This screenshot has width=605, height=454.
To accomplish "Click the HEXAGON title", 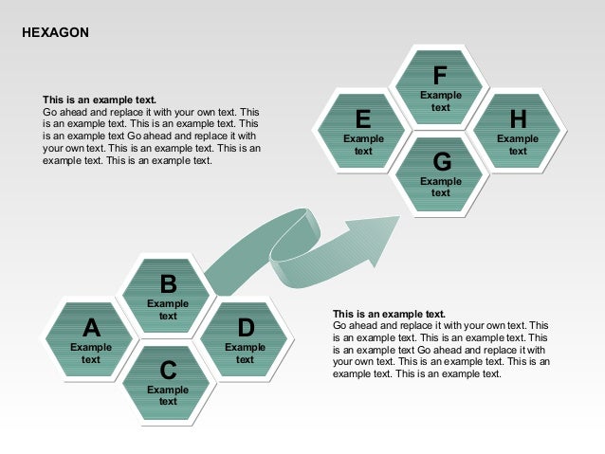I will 55,33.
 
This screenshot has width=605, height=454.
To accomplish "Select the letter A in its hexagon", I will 91,328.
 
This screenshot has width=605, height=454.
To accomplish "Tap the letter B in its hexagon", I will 168,284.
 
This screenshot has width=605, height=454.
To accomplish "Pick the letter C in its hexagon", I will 168,370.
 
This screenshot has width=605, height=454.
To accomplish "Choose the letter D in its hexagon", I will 246,328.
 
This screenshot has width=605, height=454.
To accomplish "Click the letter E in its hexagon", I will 363,119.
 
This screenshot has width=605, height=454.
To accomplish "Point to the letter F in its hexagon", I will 440,75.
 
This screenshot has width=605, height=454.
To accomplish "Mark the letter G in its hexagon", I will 441,161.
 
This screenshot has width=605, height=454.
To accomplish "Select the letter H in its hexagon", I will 518,119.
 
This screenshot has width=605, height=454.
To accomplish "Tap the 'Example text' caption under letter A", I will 91,354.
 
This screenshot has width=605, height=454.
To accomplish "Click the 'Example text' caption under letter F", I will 441,101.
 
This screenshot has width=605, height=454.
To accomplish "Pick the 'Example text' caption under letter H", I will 518,145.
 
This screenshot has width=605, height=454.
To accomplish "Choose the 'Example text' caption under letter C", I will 168,395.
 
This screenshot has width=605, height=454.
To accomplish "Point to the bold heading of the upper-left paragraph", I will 100,100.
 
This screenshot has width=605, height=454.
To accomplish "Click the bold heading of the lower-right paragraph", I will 389,314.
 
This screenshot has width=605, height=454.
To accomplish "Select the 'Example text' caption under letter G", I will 441,187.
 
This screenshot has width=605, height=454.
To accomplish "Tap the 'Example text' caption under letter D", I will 245,354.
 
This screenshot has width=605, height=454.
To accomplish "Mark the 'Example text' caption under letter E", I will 363,145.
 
